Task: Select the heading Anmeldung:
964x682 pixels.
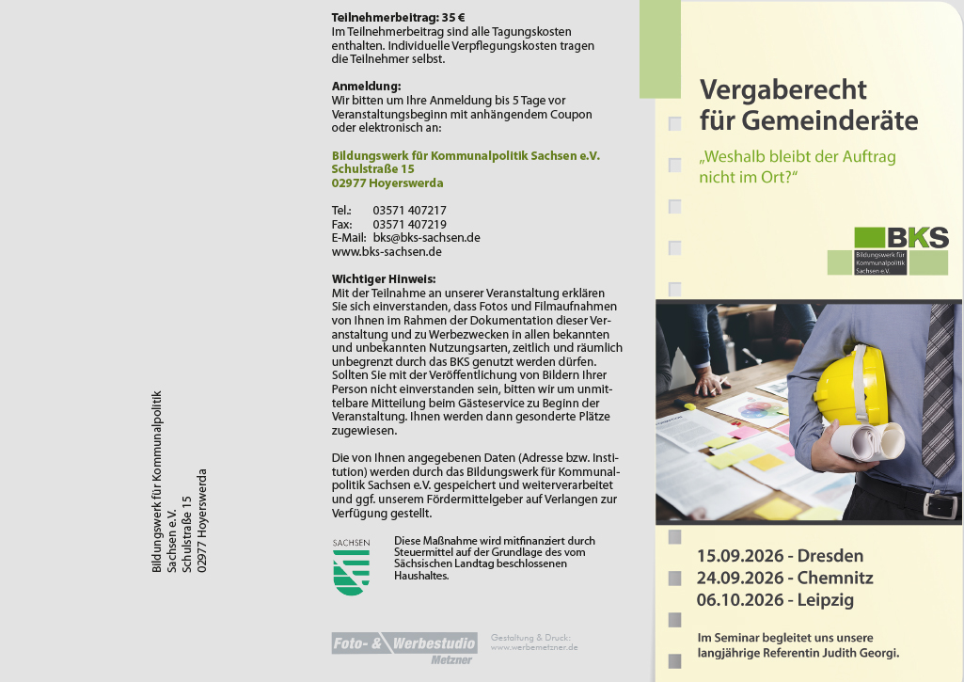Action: [366, 87]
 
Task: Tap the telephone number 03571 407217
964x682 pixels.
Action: [409, 211]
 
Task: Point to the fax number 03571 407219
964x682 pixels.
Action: [409, 225]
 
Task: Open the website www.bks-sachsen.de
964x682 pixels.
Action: [387, 252]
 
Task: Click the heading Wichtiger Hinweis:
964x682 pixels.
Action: [383, 278]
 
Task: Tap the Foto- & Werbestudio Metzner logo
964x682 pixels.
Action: [404, 648]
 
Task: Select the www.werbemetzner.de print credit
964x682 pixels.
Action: [534, 647]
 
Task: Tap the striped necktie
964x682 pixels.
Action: [938, 386]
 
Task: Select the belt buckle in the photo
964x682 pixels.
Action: [939, 505]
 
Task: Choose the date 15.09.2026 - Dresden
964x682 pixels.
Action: [780, 555]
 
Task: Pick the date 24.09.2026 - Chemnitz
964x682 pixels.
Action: [784, 578]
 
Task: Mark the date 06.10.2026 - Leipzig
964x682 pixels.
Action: [775, 600]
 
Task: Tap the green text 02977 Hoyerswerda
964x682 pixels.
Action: [387, 183]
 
